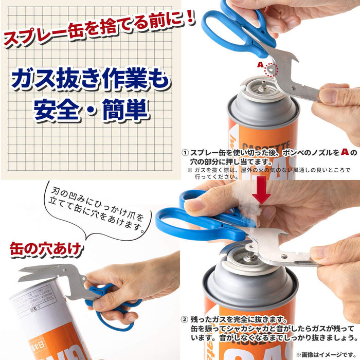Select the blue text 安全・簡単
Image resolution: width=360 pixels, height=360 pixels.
(x=92, y=109)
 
